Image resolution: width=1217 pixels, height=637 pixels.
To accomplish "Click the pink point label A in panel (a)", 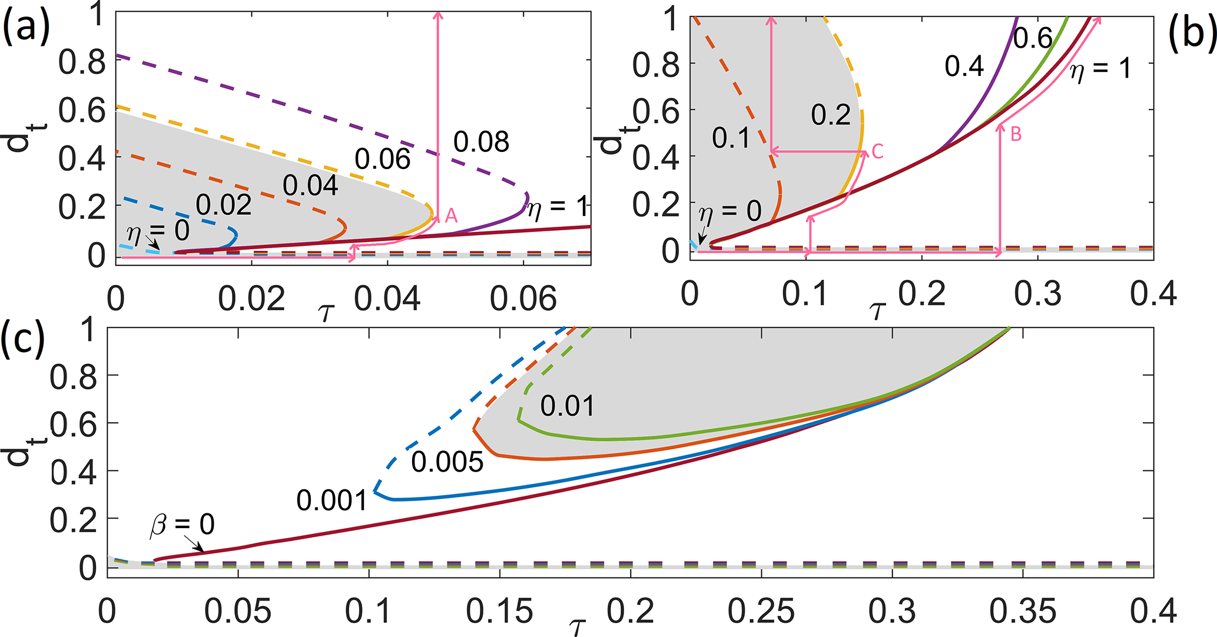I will [x=451, y=215].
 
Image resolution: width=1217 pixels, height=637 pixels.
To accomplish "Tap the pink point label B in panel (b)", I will [x=1016, y=134].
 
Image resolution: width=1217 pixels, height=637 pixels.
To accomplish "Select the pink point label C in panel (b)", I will [x=877, y=152].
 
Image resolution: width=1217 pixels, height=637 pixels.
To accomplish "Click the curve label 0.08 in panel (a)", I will [x=481, y=142].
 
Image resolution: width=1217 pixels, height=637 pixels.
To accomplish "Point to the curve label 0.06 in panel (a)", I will [x=382, y=159].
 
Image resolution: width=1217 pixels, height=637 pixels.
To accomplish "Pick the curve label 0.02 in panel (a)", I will [x=224, y=205].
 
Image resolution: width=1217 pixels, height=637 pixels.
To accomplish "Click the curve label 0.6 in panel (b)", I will [x=1033, y=38].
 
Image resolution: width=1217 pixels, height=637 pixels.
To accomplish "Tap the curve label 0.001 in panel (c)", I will [x=332, y=500].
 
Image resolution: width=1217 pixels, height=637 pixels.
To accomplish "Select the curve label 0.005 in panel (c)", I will [x=447, y=462].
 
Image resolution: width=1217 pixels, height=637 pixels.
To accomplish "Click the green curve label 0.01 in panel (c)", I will [x=568, y=406].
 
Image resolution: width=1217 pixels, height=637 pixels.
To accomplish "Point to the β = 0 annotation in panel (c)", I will [x=183, y=524].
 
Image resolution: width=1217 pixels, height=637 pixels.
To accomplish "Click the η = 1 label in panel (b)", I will [x=1100, y=69].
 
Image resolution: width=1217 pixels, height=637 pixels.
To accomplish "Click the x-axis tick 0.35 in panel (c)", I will [x=1023, y=612].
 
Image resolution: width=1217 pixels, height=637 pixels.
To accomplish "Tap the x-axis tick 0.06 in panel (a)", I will [x=523, y=299].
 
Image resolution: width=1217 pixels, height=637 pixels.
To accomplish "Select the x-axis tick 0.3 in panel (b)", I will [x=1038, y=293].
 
